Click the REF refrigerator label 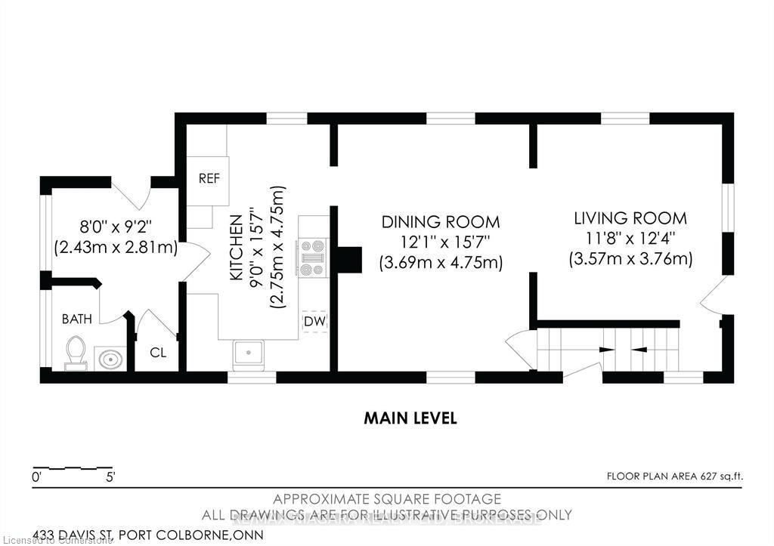(209, 179)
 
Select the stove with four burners (313, 257)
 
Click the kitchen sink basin (249, 353)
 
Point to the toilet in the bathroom (76, 353)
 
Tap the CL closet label (158, 352)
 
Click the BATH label (77, 319)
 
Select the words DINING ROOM (441, 222)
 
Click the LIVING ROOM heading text (630, 218)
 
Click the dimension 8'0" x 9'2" (115, 224)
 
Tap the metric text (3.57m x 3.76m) (630, 259)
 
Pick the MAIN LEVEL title (410, 418)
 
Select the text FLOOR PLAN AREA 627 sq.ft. (676, 476)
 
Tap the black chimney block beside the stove (349, 259)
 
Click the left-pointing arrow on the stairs (639, 350)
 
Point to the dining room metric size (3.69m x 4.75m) (441, 263)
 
